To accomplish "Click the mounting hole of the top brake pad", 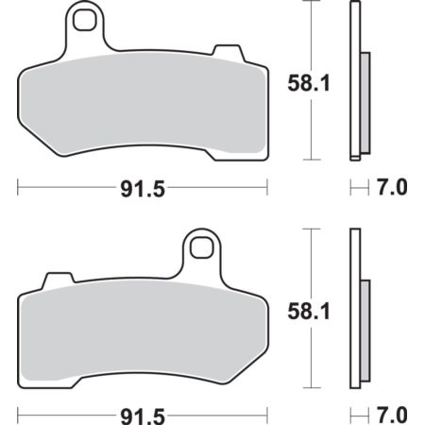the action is pos(84,20).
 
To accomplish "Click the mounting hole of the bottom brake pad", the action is pos(202,246).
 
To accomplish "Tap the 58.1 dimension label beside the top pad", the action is pos(309,83).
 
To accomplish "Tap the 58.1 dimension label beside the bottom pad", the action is pos(309,311).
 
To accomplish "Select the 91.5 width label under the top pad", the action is pos(143,189).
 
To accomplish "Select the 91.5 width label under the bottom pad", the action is pos(143,416).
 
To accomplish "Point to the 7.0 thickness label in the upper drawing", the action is pos(392,187).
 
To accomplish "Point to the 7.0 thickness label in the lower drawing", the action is pos(392,415).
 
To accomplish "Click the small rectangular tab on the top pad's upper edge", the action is pos(228,52).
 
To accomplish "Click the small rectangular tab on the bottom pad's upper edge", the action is pos(59,280).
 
